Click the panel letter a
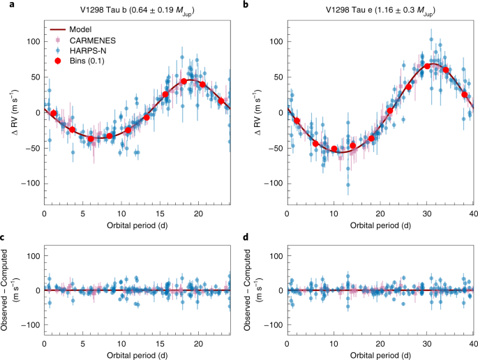(4, 6)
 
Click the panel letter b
(246, 6)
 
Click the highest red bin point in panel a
(184, 82)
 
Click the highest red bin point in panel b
(427, 66)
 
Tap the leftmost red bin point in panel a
(54, 113)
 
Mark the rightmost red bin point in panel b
(465, 94)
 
